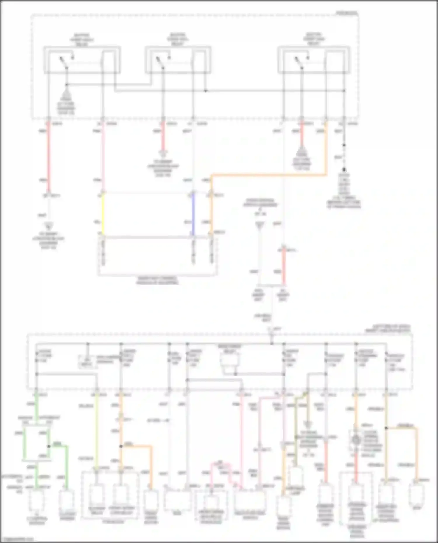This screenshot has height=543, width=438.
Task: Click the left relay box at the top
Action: [82, 60]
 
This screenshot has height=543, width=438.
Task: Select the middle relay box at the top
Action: [178, 60]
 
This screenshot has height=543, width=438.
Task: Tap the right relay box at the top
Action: [314, 60]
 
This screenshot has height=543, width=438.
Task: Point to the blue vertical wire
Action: [193, 214]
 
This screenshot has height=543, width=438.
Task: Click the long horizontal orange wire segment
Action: [269, 175]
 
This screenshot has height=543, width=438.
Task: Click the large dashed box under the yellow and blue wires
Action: [158, 257]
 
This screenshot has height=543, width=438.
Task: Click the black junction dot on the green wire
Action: [49, 446]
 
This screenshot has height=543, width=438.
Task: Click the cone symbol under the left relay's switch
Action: [67, 95]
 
